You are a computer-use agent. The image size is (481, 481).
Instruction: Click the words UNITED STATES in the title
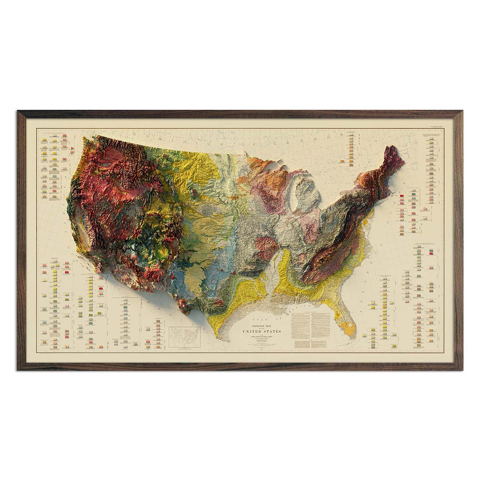coord(261,331)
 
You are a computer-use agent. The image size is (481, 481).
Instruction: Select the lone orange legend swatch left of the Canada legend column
coord(342,161)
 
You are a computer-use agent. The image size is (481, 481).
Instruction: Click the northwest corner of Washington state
coord(83,138)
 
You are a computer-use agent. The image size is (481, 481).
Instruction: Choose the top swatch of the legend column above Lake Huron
coord(351,135)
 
